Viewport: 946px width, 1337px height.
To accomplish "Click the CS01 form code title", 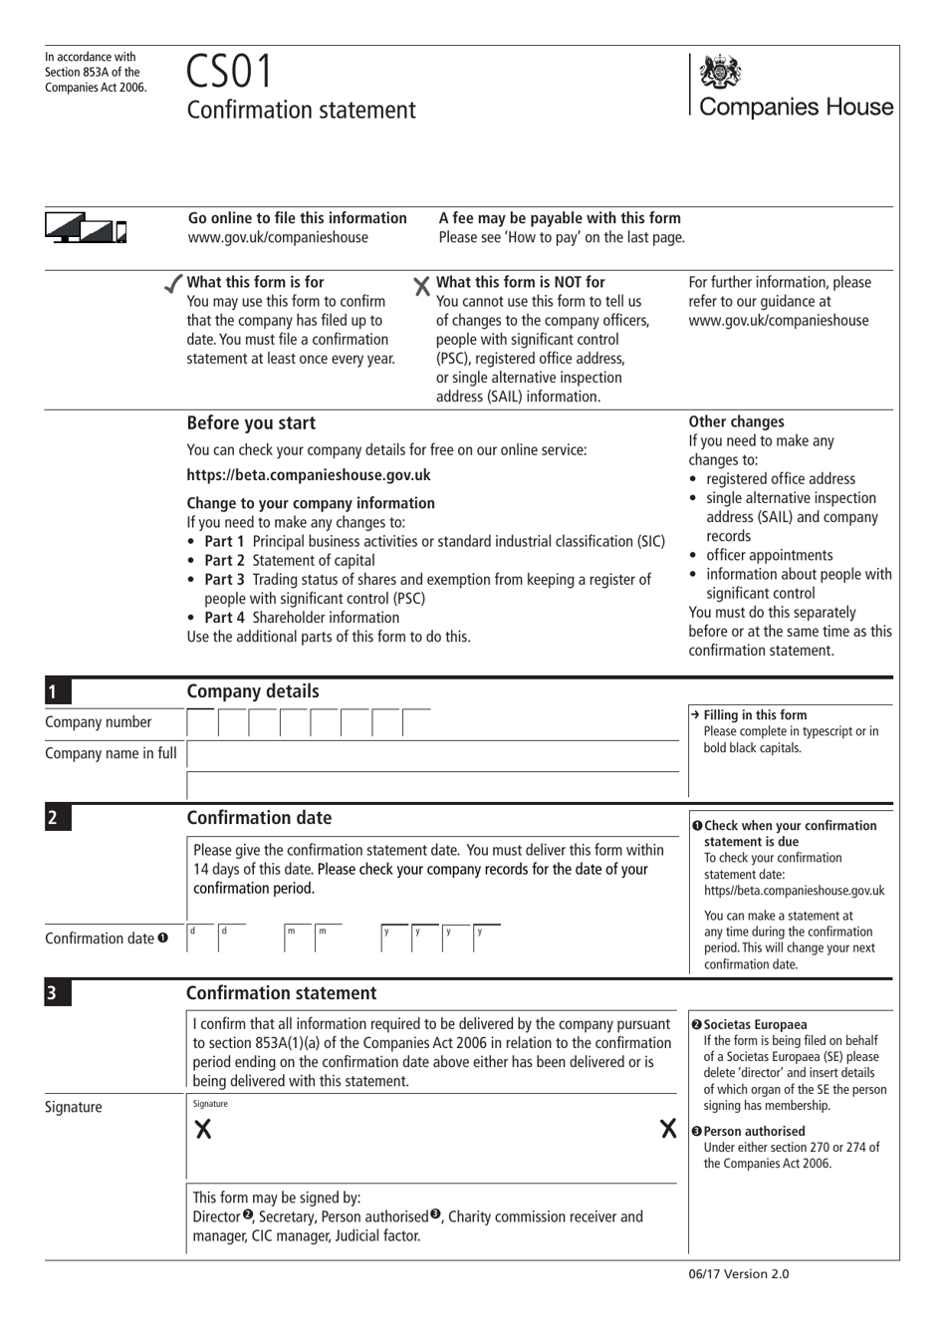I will (229, 72).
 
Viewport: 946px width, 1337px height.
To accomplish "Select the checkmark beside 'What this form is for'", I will (173, 284).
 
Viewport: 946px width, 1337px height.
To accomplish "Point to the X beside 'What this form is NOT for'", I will (422, 286).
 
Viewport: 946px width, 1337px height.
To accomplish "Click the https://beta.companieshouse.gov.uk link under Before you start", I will (309, 475).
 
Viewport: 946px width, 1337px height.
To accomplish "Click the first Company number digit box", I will (202, 723).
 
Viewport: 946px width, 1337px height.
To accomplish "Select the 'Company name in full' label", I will (111, 753).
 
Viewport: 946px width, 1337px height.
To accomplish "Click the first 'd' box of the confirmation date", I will (202, 938).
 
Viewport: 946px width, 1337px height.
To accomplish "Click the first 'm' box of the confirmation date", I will (299, 938).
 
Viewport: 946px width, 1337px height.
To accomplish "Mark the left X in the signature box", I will (203, 1129).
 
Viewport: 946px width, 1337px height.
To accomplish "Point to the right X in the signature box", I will (668, 1129).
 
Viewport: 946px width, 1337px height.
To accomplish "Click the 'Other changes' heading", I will (736, 421).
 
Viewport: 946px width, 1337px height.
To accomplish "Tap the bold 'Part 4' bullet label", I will (224, 618).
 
